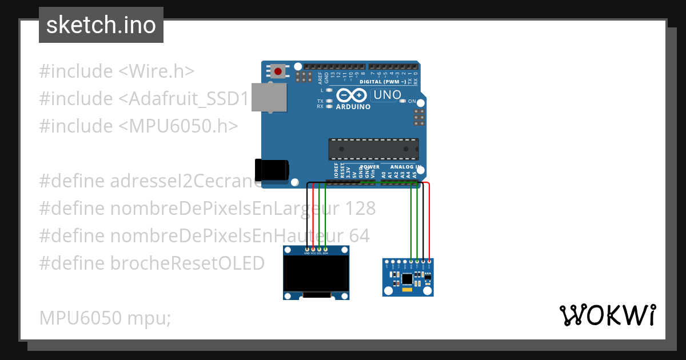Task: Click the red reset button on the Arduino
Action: coord(278,71)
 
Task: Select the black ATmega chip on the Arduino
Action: coord(373,149)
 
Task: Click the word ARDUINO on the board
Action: coord(353,107)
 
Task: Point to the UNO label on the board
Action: coord(387,95)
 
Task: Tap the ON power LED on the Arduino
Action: coord(403,101)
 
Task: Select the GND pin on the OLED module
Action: coord(308,249)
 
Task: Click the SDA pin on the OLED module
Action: coord(325,249)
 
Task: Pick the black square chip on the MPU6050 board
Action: coord(407,279)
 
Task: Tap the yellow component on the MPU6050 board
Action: coord(407,290)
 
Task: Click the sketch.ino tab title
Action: coord(101,25)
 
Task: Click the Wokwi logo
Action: coord(607,315)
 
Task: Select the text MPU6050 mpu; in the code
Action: coord(105,318)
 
